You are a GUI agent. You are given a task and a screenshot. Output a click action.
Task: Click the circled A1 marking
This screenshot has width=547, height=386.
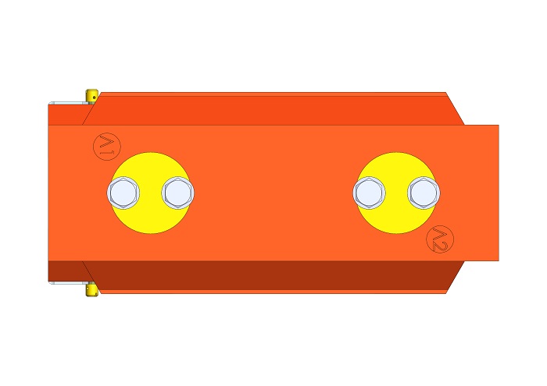(107, 147)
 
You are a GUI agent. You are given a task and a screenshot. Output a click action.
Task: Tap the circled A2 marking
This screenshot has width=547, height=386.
(440, 239)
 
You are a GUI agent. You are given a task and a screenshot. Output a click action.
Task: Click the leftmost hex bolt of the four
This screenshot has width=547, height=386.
(123, 193)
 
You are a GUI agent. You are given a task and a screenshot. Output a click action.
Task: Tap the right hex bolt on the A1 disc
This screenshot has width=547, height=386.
(178, 193)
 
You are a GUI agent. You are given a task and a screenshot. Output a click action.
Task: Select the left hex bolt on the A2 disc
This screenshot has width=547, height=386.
(370, 193)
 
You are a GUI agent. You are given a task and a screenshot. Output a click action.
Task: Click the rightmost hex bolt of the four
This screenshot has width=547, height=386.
(424, 193)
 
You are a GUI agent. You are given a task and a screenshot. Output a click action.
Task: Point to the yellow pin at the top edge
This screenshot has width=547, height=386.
(91, 97)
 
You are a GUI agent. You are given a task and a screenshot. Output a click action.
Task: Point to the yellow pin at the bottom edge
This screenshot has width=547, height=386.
(91, 289)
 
